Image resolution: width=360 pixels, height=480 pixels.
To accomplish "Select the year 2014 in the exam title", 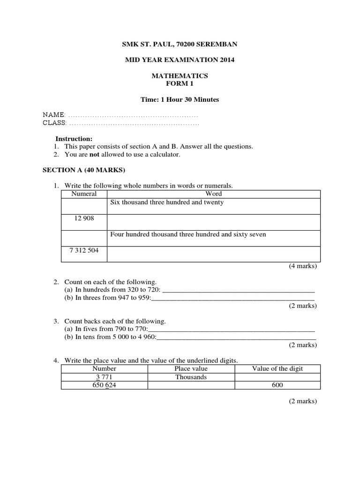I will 224,60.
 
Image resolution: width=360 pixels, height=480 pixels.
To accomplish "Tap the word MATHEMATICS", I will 180,76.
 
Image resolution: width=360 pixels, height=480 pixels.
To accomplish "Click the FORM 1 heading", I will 180,84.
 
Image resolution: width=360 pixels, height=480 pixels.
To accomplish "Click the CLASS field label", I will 55,123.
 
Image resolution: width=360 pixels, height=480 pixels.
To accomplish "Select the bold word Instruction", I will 74,139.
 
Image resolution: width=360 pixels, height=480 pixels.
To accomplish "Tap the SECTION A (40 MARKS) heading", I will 84,170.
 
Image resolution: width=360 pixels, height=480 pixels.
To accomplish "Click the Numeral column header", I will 84,194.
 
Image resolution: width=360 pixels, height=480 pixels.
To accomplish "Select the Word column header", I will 214,194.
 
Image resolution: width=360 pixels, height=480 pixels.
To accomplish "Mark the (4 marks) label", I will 303,266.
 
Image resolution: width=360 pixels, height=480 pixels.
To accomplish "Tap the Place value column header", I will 191,369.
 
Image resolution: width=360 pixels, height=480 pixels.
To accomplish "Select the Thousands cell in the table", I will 191,377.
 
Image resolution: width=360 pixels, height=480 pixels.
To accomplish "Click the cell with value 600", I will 277,385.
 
